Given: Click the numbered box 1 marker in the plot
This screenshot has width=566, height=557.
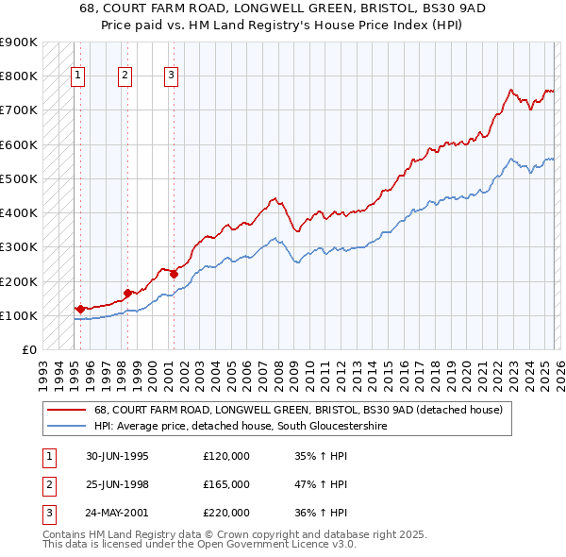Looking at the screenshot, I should (77, 76).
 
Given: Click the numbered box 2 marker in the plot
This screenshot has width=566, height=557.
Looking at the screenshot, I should (125, 76).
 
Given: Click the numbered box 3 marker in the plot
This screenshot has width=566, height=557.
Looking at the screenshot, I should (171, 76).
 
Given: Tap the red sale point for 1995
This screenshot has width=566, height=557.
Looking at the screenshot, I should (80, 308).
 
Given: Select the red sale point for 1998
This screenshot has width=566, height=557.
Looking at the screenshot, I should (127, 293).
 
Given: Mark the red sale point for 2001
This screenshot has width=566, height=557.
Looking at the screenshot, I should (174, 274).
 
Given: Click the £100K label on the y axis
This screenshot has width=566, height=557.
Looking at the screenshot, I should (18, 315).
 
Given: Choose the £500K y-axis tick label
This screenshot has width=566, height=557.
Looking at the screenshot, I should (18, 178).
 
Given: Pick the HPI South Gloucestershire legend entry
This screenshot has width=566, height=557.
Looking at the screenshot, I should (241, 427).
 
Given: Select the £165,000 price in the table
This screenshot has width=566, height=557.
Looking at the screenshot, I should (226, 484).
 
